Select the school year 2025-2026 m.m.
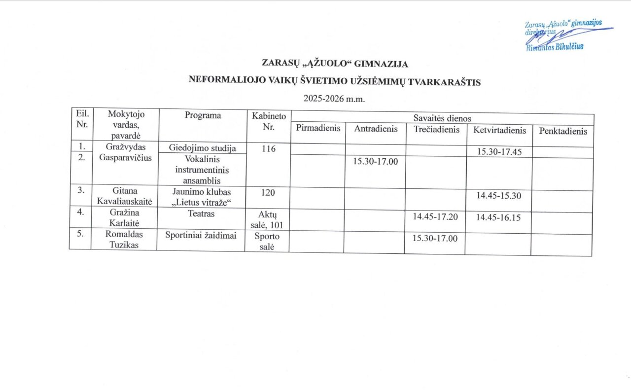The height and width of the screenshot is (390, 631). click(x=333, y=99)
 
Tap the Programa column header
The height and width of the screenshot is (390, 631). click(x=203, y=115)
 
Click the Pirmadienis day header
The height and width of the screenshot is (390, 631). click(x=318, y=128)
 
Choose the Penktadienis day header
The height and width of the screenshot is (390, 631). click(x=563, y=131)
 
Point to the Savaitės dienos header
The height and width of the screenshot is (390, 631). click(x=442, y=118)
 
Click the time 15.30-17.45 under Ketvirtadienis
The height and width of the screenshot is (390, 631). click(x=499, y=152)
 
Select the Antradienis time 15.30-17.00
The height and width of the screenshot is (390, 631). click(x=375, y=161)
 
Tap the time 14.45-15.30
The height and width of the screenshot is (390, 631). click(x=498, y=195)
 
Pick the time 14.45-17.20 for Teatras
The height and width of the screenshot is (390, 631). click(x=435, y=216)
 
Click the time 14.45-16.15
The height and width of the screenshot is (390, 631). click(x=498, y=217)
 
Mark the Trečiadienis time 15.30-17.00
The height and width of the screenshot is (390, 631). click(x=435, y=238)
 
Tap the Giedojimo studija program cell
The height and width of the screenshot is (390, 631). click(x=202, y=147)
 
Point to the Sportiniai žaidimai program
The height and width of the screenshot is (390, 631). click(x=201, y=235)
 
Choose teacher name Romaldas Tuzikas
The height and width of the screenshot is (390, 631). click(x=123, y=240)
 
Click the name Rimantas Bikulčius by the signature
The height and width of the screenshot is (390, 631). click(x=555, y=46)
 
